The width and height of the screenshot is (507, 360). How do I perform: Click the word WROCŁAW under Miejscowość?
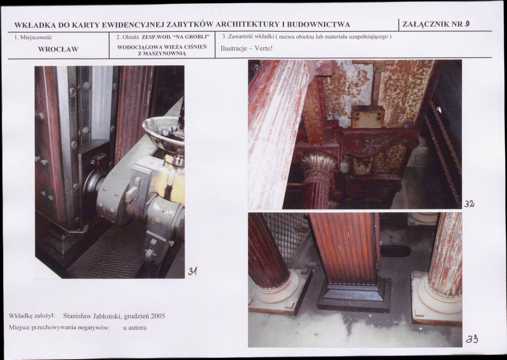click(x=58, y=49)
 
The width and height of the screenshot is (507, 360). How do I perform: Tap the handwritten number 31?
click(x=193, y=271)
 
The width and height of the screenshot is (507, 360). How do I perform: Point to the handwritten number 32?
click(x=469, y=204)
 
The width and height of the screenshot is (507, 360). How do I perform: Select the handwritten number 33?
click(x=472, y=339)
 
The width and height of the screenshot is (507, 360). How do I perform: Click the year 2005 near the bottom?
click(x=158, y=316)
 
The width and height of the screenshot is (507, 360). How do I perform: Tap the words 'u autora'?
click(x=135, y=328)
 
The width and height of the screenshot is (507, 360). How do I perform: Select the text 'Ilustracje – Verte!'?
click(x=246, y=49)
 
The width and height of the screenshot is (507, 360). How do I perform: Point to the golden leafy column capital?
click(x=319, y=163)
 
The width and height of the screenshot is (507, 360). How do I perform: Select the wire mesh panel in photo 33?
click(x=287, y=236)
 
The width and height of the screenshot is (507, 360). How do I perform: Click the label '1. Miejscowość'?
click(x=33, y=37)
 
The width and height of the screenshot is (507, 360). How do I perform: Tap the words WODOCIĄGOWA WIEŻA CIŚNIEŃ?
click(x=162, y=47)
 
